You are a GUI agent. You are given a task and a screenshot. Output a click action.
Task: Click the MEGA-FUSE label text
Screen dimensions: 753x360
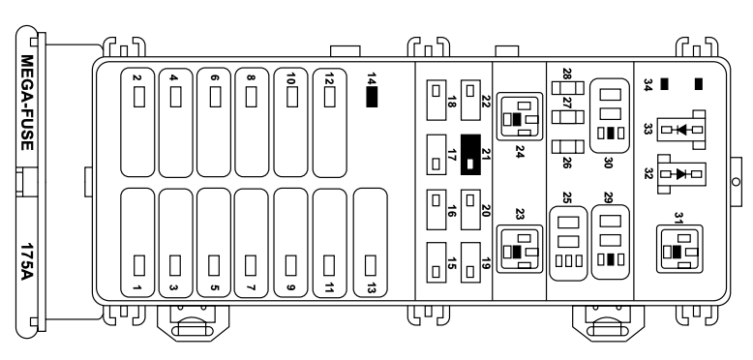coord(27,103)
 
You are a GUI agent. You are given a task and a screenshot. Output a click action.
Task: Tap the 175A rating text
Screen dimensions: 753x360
coord(27,261)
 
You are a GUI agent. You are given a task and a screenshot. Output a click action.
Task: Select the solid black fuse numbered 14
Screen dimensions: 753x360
coord(372,97)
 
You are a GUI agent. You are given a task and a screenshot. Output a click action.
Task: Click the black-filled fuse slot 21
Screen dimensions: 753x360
coord(470,155)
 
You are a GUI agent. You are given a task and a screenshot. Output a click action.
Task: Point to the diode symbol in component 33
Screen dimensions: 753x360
coord(681,130)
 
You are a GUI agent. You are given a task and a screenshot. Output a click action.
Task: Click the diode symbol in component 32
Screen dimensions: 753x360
coord(681,174)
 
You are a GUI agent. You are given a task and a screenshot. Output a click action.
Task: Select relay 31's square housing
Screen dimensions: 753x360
coord(679,249)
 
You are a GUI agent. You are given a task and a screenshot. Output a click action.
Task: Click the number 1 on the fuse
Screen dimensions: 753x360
coord(137,288)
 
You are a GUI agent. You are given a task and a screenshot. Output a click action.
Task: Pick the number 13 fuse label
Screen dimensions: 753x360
coord(371,288)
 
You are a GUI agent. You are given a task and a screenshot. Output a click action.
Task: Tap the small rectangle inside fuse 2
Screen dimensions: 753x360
coord(139,97)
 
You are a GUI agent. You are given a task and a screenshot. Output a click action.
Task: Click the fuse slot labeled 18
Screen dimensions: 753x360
coord(437,100)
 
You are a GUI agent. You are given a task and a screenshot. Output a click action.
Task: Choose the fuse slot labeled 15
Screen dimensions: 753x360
coord(437,262)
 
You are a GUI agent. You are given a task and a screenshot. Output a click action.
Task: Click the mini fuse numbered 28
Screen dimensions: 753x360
coord(567,88)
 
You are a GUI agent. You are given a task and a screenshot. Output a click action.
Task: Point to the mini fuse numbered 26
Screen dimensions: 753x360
coord(567,147)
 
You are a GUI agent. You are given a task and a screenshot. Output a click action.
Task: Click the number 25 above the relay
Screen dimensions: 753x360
coord(567,197)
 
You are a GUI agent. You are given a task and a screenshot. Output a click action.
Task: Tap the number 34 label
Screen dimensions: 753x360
coord(648,84)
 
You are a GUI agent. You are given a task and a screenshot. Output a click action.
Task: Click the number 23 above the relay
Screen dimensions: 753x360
coord(519,214)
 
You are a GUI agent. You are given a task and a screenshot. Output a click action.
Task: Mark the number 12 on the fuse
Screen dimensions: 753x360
coord(329,78)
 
